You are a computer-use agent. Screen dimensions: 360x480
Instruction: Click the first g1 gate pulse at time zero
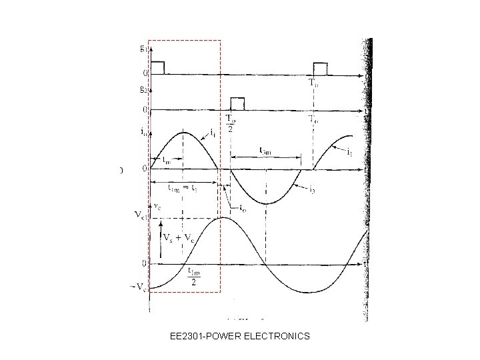pos(157,67)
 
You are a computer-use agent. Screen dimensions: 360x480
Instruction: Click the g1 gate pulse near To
pos(321,68)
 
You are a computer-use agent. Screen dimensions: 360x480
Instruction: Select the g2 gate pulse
pos(237,103)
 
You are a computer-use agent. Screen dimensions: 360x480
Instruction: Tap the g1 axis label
pos(143,47)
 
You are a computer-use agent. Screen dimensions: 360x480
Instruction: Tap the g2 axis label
pos(143,87)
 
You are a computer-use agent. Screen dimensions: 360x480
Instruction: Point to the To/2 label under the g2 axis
pos(231,123)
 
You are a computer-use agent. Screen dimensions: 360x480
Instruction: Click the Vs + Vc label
pos(179,237)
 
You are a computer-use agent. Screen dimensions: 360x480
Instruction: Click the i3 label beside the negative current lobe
pos(311,189)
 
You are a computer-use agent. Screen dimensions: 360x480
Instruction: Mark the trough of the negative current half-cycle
pos(265,203)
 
